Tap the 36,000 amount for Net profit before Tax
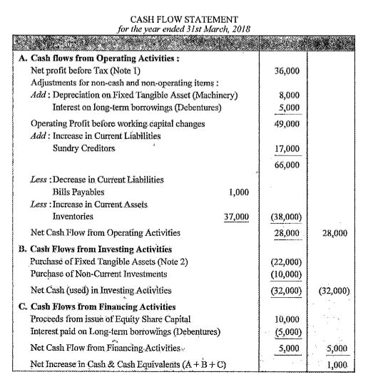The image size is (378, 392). pyautogui.click(x=286, y=72)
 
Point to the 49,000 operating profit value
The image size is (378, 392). pyautogui.click(x=286, y=123)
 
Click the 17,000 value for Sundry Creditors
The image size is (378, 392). pyautogui.click(x=286, y=150)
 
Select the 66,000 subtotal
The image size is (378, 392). pyautogui.click(x=286, y=165)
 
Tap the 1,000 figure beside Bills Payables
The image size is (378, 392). pyautogui.click(x=240, y=192)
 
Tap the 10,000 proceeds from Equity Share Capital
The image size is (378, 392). pyautogui.click(x=286, y=318)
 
